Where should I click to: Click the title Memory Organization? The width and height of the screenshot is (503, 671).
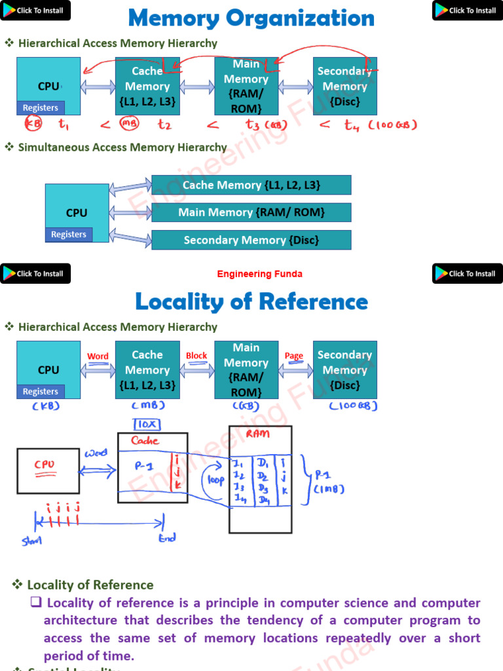(251, 18)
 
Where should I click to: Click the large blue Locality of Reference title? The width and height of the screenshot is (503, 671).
(251, 302)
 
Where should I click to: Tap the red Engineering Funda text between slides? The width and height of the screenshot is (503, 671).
(260, 274)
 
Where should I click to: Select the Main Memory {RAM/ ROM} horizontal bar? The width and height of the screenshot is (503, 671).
(251, 212)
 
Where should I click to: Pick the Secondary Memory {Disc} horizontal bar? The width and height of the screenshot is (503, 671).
(251, 240)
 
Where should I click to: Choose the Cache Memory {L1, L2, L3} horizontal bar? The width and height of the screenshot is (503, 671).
(251, 185)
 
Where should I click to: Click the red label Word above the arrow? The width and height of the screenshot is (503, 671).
(98, 356)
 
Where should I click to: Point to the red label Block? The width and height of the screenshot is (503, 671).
(196, 356)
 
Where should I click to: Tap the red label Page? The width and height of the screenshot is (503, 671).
(294, 356)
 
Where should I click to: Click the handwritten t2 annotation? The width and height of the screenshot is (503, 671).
(164, 125)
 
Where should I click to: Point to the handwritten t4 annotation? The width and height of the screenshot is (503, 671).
(352, 125)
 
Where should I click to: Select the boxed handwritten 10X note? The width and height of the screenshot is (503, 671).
(148, 424)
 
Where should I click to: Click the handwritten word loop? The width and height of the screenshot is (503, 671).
(216, 481)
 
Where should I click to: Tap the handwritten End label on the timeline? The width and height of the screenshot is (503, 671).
(167, 538)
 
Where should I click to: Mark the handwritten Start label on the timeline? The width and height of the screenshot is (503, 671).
(31, 541)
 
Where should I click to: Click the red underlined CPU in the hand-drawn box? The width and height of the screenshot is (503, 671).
(45, 465)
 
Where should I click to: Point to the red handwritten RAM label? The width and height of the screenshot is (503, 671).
(257, 434)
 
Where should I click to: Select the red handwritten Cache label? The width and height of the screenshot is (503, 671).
(145, 441)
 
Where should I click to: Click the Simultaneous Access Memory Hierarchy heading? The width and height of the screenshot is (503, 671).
(122, 147)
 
